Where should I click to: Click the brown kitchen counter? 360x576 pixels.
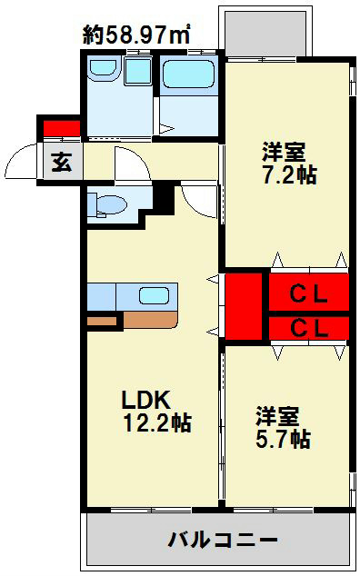[x=149, y=319]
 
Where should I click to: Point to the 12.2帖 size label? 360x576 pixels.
[x=156, y=422]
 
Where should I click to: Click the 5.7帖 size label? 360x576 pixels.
[x=282, y=440]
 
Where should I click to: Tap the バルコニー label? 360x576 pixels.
[x=223, y=541]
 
